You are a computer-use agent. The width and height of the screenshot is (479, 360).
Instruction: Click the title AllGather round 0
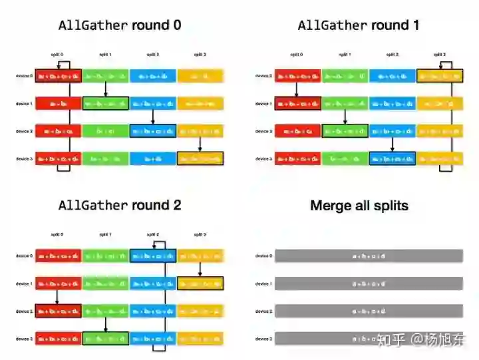pos(120,25)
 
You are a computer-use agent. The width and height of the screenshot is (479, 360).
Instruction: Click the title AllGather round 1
pos(359,25)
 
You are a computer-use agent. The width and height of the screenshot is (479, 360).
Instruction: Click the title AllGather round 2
pos(120,205)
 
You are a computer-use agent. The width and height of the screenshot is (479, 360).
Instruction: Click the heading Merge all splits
pos(359,206)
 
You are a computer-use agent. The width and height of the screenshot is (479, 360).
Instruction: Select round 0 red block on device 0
pos(58,76)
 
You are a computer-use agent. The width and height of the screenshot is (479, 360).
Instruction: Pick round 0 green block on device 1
pos(106,103)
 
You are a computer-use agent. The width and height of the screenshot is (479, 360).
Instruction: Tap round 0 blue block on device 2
pos(153,131)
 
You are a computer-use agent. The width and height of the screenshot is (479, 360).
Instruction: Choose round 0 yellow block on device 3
pos(200,158)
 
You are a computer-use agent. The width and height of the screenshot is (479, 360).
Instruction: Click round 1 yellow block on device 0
pos(440,76)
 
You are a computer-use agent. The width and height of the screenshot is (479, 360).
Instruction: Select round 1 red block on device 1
pos(297,103)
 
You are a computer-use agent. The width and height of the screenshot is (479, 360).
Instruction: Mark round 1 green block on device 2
pos(345,131)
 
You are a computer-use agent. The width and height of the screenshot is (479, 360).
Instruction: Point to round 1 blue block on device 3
pos(393,158)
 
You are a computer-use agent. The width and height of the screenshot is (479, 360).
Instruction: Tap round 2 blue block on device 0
pos(153,256)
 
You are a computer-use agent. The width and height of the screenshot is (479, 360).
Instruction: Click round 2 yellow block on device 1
pos(200,283)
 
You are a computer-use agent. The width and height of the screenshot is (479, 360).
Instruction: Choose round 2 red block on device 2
pos(58,311)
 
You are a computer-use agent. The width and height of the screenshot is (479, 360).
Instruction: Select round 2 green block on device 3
pos(106,339)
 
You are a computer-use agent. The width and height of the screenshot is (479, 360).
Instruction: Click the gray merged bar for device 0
pos(369,256)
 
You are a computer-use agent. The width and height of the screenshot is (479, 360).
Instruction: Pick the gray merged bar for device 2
pos(369,311)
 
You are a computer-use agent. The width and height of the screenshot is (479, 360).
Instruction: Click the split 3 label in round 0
pos(200,55)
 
